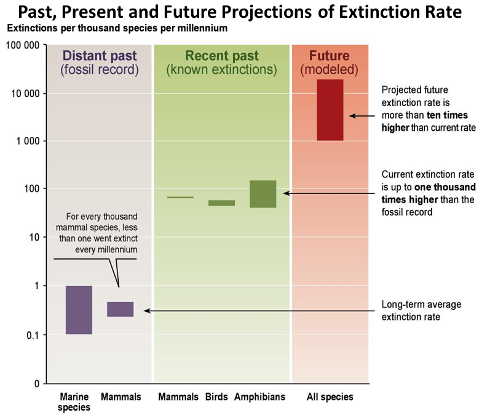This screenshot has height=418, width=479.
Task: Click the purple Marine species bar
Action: [x=79, y=310]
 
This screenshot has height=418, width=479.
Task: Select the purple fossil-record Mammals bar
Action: [x=120, y=309]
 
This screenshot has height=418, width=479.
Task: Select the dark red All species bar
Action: [x=330, y=110]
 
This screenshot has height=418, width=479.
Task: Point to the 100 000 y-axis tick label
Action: [x=23, y=45]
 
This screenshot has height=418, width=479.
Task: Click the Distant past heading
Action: [x=99, y=56]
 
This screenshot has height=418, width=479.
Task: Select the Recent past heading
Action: [x=222, y=56]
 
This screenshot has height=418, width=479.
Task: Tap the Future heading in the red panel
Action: [x=329, y=56]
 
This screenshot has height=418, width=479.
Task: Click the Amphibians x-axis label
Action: [x=259, y=397]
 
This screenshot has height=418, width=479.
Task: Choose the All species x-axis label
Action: [x=330, y=397]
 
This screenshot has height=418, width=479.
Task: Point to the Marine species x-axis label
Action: [x=74, y=402]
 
